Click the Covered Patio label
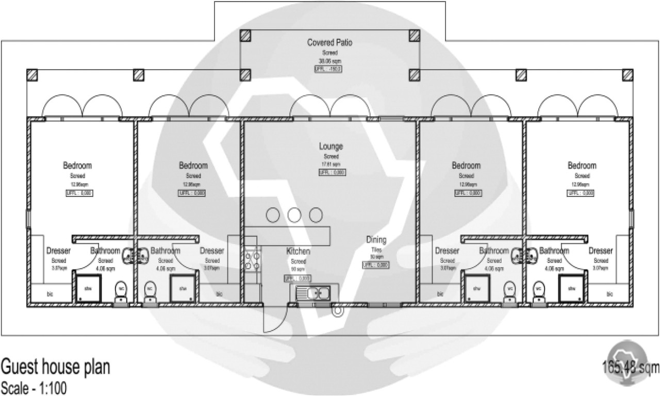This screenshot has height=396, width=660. pos(330,43)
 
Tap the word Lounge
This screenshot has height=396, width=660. pos(331,147)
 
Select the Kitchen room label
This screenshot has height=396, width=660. pos(298,252)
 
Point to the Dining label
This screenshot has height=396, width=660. pos(376,240)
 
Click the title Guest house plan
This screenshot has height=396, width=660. pos(55,367)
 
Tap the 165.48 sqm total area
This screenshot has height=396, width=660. pos(630,368)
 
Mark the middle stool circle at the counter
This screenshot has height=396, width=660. pos(294,214)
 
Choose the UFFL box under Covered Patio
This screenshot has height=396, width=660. pos(330,68)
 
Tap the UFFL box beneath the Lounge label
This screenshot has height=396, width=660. pos(331,172)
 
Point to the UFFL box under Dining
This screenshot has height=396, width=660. pos(375,265)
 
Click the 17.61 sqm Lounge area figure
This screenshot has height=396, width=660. pos(331,164)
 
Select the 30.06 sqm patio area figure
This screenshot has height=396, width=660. pos(330,60)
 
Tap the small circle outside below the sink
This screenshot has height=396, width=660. pos(338,310)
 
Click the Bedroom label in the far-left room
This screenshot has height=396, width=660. pos(77,166)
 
